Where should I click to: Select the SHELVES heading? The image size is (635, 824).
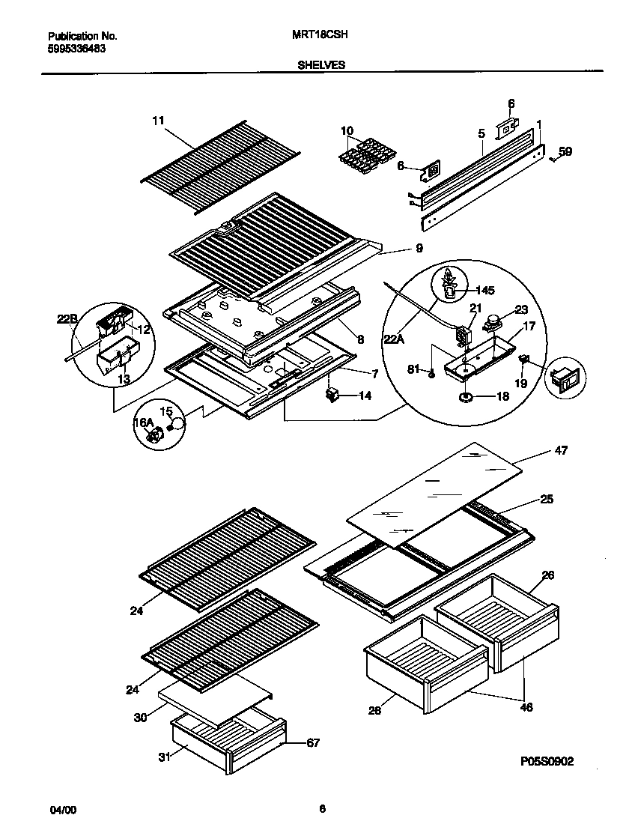(x=320, y=65)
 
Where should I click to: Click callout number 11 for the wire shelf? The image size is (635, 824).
(x=157, y=120)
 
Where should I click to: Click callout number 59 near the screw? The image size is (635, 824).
(x=565, y=151)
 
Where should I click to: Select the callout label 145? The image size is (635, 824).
(x=485, y=290)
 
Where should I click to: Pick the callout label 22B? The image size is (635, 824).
(x=67, y=320)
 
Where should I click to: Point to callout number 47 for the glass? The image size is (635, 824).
(x=561, y=451)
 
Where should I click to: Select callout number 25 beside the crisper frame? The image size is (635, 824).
(x=546, y=499)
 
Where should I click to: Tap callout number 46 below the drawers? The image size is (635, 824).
(x=526, y=706)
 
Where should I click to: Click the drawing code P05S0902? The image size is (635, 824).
(x=547, y=761)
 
